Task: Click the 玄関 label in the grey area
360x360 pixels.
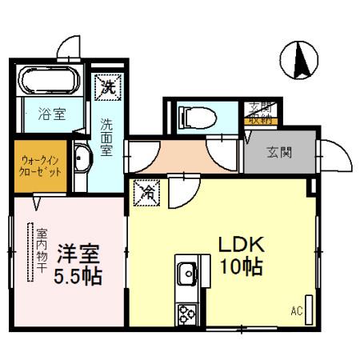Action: tap(278, 152)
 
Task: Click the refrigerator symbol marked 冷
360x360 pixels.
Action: tap(149, 192)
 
